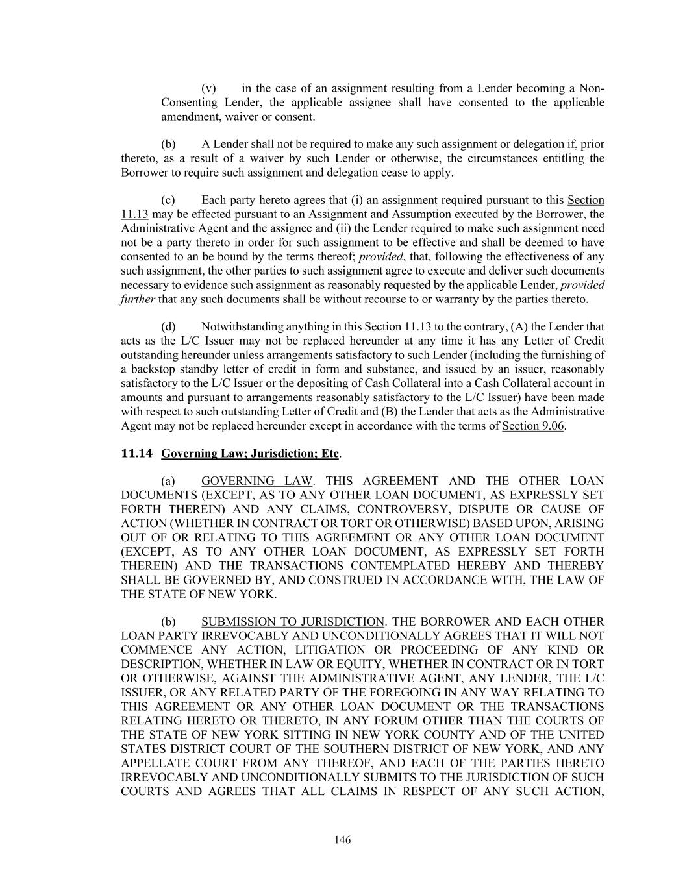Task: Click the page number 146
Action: [x=342, y=840]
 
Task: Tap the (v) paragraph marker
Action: [x=208, y=88]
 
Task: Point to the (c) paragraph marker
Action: [x=168, y=200]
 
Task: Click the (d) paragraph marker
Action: [x=168, y=326]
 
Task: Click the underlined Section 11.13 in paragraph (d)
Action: [x=398, y=326]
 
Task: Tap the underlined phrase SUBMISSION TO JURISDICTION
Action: [x=293, y=622]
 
